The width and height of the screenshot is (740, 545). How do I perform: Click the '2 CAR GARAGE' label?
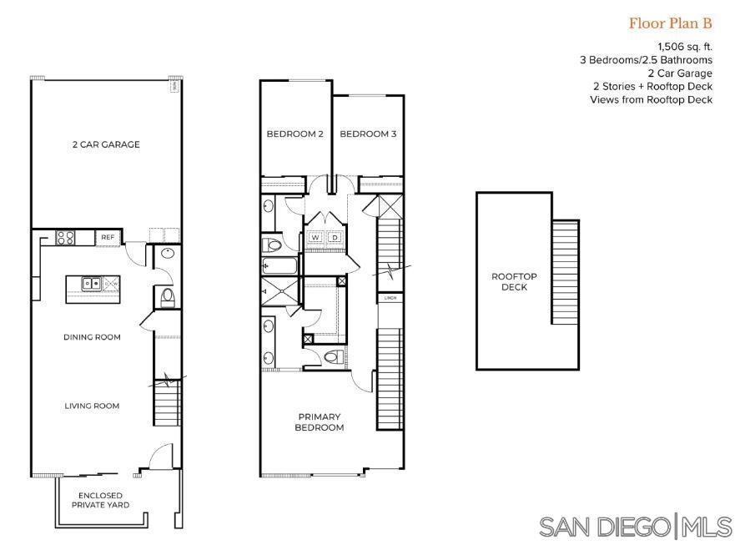click(105, 144)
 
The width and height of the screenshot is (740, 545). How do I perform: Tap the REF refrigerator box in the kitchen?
click(108, 238)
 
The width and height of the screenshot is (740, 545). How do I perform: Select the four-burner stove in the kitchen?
click(65, 238)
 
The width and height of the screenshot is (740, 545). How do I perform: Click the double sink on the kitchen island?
click(92, 284)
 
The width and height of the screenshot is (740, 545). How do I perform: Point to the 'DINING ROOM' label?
click(92, 337)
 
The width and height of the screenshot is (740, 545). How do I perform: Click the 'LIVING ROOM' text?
click(92, 406)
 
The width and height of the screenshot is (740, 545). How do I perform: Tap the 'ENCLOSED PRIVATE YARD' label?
click(105, 499)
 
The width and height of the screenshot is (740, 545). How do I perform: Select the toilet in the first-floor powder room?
click(166, 295)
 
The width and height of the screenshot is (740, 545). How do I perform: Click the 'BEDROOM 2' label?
click(294, 134)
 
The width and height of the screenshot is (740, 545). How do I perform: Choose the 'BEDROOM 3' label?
click(368, 134)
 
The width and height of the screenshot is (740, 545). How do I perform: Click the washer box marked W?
click(315, 238)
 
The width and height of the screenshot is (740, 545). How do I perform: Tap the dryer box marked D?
click(335, 238)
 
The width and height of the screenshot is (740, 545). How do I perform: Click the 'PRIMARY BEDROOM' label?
click(319, 421)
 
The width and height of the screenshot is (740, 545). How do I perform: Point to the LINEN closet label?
click(389, 297)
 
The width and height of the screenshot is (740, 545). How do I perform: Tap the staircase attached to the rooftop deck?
click(565, 271)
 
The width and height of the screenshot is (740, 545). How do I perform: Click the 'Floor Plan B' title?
click(670, 23)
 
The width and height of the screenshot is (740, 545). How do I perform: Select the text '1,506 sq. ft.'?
click(685, 48)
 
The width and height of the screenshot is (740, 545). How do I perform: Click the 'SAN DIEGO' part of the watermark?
click(604, 527)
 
